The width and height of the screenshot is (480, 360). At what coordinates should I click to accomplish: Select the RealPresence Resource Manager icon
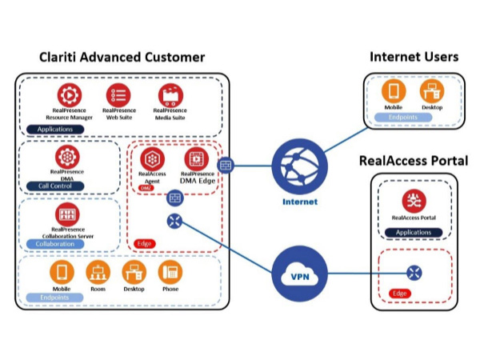point(70,94)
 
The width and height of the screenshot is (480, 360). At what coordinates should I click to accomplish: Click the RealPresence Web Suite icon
point(120,94)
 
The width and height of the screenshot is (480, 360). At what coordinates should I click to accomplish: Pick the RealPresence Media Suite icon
point(170,94)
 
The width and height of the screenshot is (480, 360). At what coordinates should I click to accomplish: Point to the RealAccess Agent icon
point(152,159)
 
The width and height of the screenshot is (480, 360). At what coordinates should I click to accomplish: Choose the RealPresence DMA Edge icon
point(196,159)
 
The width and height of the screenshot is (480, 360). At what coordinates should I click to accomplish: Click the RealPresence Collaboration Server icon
point(67,214)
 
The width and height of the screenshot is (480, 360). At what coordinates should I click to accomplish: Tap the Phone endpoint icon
point(170,272)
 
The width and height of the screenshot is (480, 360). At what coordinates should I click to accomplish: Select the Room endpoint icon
point(97,272)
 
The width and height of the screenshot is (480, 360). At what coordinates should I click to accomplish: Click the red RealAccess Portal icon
point(414,201)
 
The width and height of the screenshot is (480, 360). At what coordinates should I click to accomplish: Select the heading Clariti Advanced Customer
point(122,58)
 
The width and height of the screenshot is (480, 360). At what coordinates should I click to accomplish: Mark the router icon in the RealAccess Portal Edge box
point(414,272)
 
